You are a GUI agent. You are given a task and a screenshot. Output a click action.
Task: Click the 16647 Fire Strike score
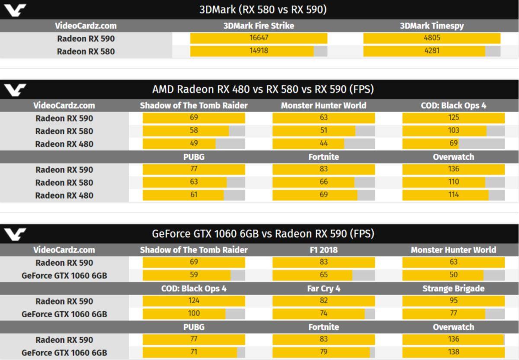tap(259, 38)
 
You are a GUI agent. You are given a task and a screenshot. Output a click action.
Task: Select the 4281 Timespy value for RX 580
tap(432, 51)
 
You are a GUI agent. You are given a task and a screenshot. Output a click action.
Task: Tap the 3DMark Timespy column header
tap(432, 26)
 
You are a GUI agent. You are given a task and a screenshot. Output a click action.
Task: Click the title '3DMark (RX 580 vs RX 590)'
tap(263, 10)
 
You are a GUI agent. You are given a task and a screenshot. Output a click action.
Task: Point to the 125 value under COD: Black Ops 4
tap(453, 118)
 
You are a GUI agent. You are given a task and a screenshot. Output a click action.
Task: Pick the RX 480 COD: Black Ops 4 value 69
tap(453, 143)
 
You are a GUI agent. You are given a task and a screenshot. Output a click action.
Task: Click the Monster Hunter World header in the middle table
tap(324, 105)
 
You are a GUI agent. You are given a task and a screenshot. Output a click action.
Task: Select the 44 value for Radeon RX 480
tap(324, 143)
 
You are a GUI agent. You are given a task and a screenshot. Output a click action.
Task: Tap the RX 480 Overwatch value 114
tap(453, 195)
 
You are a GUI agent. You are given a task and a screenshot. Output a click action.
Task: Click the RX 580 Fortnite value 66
tap(324, 182)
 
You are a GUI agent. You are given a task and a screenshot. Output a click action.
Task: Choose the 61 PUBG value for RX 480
tap(194, 195)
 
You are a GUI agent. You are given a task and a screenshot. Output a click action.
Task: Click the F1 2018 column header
tap(324, 250)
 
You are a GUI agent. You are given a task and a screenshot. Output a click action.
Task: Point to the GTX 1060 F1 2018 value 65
tap(324, 275)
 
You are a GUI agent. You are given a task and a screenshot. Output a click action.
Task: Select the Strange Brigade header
tap(453, 288)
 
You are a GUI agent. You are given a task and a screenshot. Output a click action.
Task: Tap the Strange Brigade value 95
tap(453, 301)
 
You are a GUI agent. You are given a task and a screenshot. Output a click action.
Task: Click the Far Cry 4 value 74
tap(324, 313)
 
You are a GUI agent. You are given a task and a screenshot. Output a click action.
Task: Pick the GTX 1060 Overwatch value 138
tap(453, 352)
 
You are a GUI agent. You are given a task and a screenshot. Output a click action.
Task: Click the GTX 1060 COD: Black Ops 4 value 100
tap(194, 313)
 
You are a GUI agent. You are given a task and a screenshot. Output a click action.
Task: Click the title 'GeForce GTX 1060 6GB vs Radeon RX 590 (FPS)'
tap(263, 234)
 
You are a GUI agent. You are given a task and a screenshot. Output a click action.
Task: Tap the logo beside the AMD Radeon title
tap(15, 90)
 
